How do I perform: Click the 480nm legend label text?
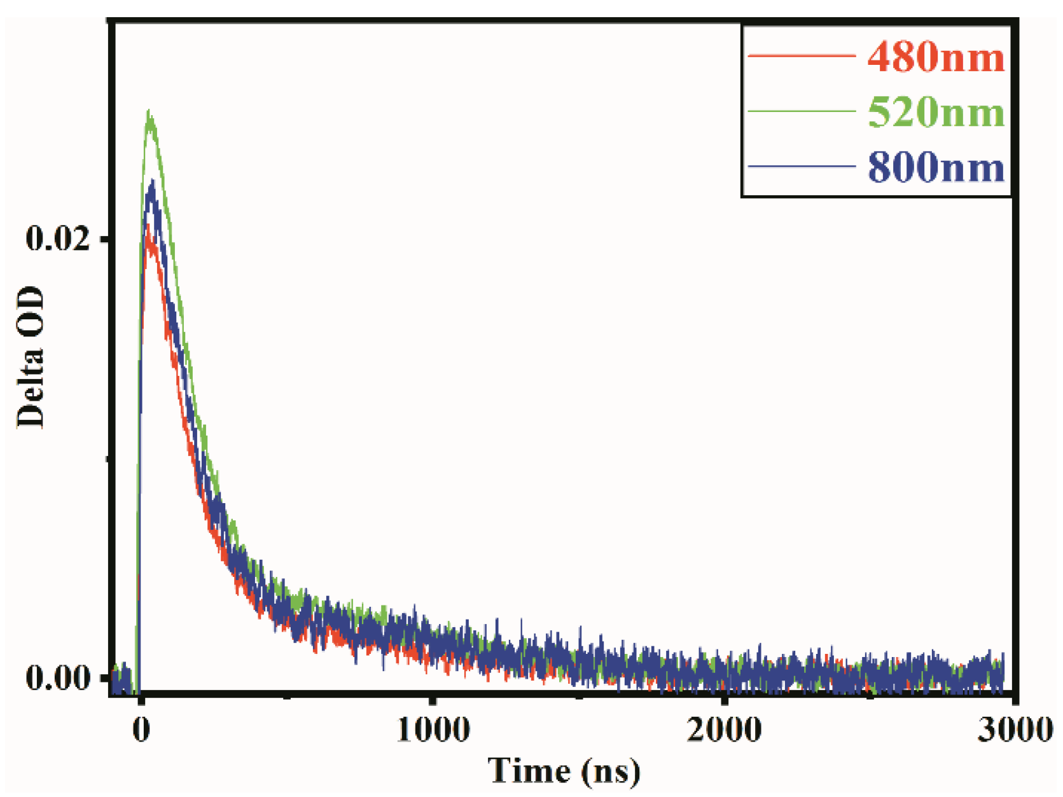pyautogui.click(x=936, y=57)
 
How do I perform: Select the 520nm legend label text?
pyautogui.click(x=936, y=112)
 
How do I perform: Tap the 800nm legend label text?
pyautogui.click(x=936, y=167)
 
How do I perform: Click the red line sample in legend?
pyautogui.click(x=801, y=57)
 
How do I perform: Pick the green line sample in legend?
pyautogui.click(x=801, y=111)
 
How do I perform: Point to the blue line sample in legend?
pyautogui.click(x=801, y=167)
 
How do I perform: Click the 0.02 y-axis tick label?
pyautogui.click(x=58, y=239)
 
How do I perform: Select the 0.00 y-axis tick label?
pyautogui.click(x=58, y=678)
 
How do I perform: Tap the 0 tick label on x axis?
pyautogui.click(x=141, y=730)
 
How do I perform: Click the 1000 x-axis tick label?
pyautogui.click(x=433, y=730)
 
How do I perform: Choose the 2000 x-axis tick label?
pyautogui.click(x=724, y=730)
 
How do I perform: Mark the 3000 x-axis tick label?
pyautogui.click(x=1015, y=730)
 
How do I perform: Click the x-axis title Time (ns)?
pyautogui.click(x=564, y=771)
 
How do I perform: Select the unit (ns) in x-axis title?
pyautogui.click(x=610, y=772)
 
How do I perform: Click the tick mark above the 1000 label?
pyautogui.click(x=433, y=700)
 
